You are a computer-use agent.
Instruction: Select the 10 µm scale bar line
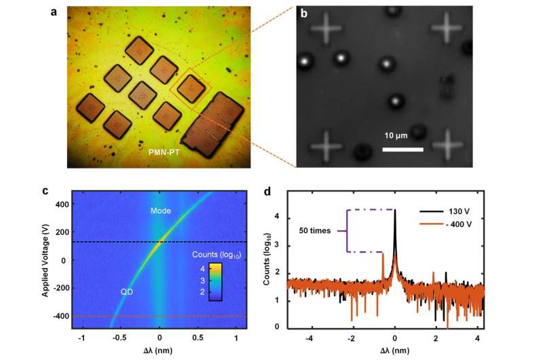tap(399, 149)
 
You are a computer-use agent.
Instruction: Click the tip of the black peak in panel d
tap(395, 211)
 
